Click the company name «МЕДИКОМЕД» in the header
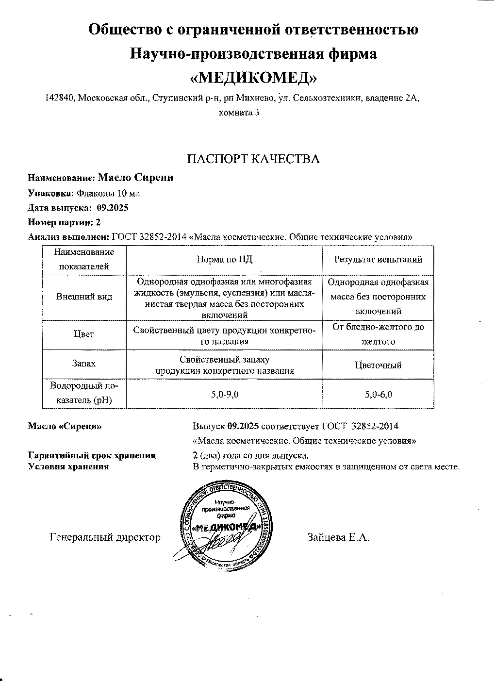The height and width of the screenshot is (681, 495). click(253, 77)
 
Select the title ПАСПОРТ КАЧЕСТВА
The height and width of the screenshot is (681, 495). click(253, 159)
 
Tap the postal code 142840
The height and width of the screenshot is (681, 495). click(59, 98)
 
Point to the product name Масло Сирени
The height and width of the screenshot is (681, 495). click(136, 178)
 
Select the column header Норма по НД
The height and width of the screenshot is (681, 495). click(224, 259)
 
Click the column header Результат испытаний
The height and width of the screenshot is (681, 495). click(378, 259)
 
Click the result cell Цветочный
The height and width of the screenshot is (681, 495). click(378, 365)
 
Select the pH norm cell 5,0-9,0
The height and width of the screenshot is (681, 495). click(224, 394)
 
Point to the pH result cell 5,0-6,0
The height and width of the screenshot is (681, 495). click(378, 394)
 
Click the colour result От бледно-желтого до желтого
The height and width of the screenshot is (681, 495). click(378, 334)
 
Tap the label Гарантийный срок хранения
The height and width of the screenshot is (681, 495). click(92, 455)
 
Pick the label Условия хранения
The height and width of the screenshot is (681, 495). click(68, 466)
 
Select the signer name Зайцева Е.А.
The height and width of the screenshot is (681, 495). click(338, 537)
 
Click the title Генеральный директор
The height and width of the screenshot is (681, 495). click(105, 537)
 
